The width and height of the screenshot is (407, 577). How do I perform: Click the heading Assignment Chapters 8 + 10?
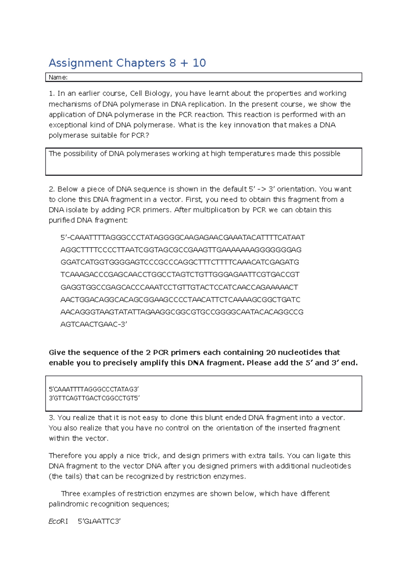pyautogui.click(x=127, y=63)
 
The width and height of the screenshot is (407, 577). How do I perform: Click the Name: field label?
pyautogui.click(x=58, y=77)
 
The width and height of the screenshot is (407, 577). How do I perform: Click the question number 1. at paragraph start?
pyautogui.click(x=52, y=93)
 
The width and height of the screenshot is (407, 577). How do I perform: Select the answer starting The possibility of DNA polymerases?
pyautogui.click(x=194, y=154)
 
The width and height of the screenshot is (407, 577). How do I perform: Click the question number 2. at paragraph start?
pyautogui.click(x=52, y=189)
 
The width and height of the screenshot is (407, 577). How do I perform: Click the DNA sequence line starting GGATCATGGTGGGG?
pyautogui.click(x=180, y=262)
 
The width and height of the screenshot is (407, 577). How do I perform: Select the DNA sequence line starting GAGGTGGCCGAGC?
pyautogui.click(x=179, y=287)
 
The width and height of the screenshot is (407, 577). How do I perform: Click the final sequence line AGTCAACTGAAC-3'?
pyautogui.click(x=94, y=325)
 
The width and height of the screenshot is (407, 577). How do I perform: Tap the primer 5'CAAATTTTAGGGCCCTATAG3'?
pyautogui.click(x=94, y=389)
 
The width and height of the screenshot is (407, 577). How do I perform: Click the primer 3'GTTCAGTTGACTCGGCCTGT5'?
pyautogui.click(x=94, y=398)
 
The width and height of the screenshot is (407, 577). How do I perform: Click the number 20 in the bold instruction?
pyautogui.click(x=271, y=352)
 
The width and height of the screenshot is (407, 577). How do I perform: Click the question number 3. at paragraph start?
pyautogui.click(x=52, y=418)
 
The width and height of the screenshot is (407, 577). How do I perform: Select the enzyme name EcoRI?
pyautogui.click(x=58, y=522)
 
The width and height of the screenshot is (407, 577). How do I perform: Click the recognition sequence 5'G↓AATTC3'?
pyautogui.click(x=99, y=522)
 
